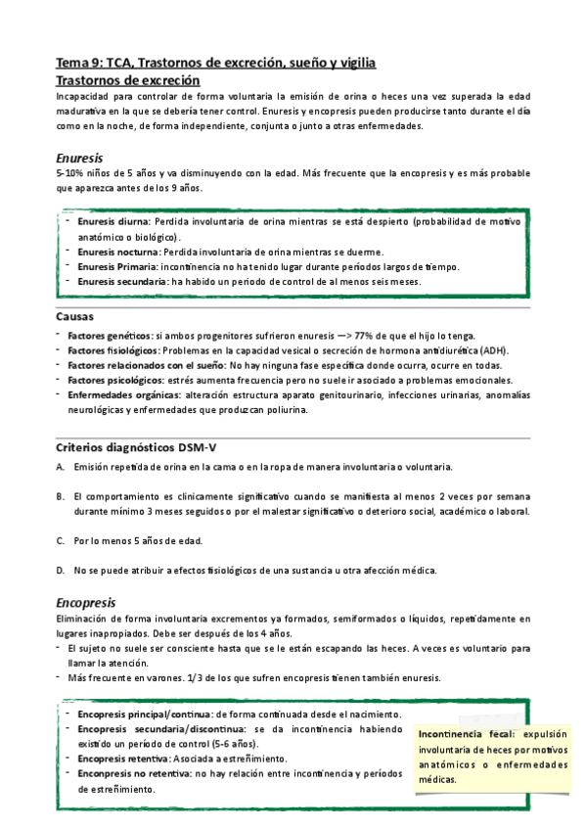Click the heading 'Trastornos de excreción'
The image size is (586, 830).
point(128,80)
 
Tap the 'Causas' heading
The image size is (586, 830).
point(75,316)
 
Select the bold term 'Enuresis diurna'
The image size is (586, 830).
point(119,222)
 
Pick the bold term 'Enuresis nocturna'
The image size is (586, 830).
point(124,252)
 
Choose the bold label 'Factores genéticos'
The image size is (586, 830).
point(109,336)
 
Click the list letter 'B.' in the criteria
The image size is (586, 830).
point(61,495)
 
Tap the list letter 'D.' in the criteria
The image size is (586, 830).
point(61,571)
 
